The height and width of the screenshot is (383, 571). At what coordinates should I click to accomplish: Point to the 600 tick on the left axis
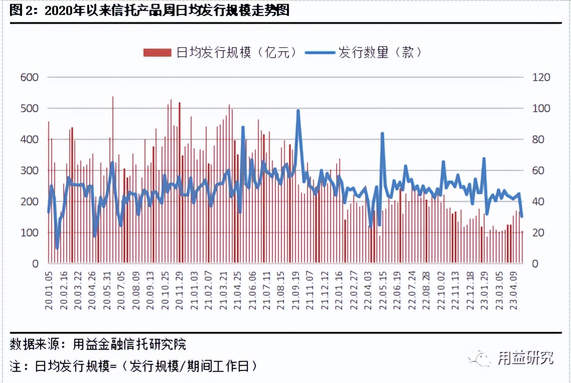30,78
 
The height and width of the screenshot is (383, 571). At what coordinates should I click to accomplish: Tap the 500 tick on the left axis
30,109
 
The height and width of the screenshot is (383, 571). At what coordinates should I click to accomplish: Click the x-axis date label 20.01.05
49,291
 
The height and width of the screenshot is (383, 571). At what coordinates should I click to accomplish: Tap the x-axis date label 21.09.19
297,291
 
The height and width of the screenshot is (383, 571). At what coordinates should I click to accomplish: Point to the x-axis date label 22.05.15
383,291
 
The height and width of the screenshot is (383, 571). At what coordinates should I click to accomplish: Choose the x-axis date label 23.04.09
514,291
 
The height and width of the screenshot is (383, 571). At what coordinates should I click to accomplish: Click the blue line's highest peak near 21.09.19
298,111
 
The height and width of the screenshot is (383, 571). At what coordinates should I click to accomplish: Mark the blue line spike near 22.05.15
382,133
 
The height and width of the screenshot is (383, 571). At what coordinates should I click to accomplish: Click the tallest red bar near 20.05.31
112,97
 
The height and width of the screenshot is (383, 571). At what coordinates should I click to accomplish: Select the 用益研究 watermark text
525,358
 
